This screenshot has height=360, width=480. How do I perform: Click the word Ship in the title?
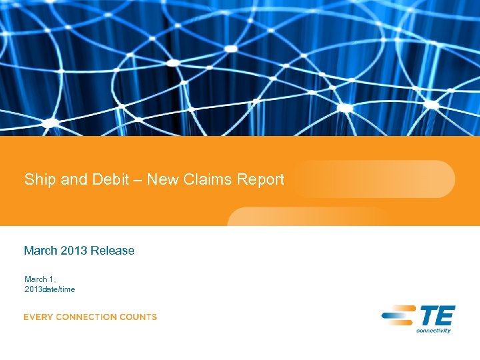tap(39, 180)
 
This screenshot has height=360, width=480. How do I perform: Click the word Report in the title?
tap(260, 180)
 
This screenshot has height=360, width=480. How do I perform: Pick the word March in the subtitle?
tap(40, 251)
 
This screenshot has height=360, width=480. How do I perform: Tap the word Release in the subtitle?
tap(113, 251)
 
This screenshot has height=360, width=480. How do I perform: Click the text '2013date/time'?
tap(50, 289)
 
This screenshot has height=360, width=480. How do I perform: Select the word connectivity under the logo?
tap(433, 330)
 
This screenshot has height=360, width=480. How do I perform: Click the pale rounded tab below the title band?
tap(307, 217)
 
